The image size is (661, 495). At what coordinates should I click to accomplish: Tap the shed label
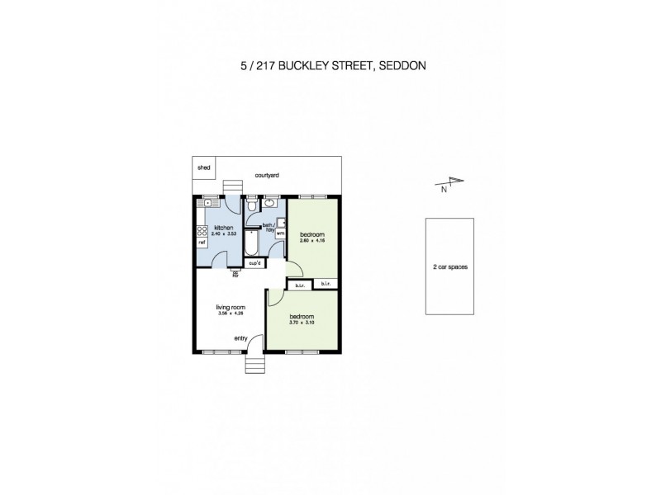204,167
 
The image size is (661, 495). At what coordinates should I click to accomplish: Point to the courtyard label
267,176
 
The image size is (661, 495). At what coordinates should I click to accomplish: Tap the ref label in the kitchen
201,243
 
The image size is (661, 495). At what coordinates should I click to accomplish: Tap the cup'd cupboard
254,264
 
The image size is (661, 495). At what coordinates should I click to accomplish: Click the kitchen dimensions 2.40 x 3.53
224,235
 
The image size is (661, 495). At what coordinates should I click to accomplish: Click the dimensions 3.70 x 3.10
301,322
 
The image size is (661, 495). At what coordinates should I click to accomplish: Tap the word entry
240,337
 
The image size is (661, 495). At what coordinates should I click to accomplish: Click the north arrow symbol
452,183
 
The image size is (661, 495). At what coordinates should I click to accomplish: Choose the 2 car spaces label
449,267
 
